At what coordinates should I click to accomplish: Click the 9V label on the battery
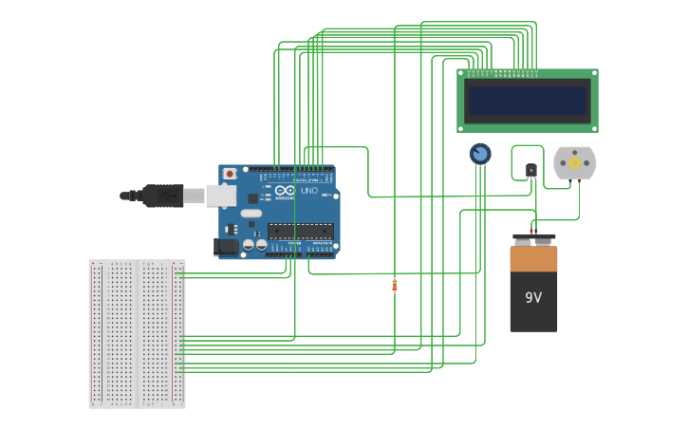coord(533,297)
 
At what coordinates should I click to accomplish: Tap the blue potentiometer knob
coord(480,153)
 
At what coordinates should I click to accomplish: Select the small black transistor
coord(530,171)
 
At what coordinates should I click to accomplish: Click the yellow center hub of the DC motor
coord(574,163)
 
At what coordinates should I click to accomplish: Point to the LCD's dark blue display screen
coord(528,101)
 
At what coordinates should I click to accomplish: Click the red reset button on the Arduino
coord(229,174)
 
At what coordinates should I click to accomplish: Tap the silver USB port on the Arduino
coord(220,196)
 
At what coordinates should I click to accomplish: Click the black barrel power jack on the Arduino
coord(227,246)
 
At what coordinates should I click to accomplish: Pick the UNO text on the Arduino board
coord(309,191)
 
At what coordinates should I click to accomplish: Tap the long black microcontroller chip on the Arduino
coord(300,231)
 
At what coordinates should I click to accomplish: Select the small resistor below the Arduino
coord(395,285)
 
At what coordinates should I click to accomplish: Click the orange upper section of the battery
coord(533,259)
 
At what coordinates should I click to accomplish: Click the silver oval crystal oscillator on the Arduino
coord(251,214)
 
